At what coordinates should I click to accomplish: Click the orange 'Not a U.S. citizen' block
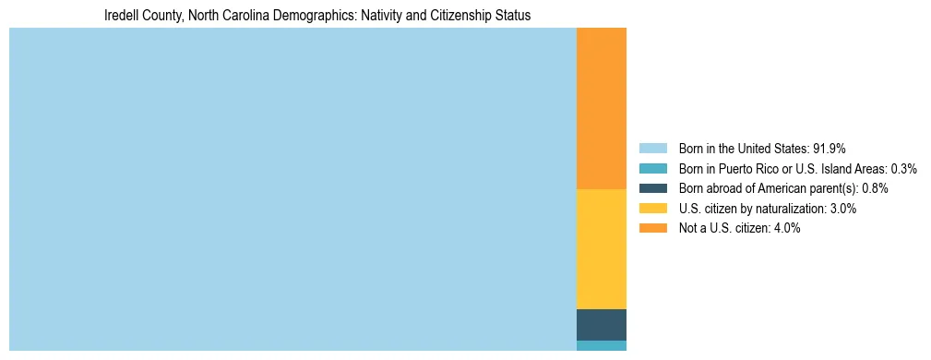pos(601,108)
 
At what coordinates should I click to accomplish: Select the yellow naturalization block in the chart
pos(601,248)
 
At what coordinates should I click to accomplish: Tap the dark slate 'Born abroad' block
pos(601,324)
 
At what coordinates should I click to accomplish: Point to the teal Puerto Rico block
pos(601,345)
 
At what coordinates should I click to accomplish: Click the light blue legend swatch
pos(652,149)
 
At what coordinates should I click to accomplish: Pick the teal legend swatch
pos(652,169)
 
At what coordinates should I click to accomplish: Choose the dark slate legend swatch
pos(652,188)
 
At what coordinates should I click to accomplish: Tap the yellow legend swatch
pos(652,209)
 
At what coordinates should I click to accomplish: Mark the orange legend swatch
pos(652,228)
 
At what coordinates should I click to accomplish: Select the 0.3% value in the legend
pos(903,169)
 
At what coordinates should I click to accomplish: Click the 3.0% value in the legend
pos(842,209)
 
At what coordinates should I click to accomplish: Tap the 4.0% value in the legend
pos(786,228)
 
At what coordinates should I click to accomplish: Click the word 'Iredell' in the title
pos(124,16)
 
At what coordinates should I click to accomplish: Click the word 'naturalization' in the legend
pos(788,209)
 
